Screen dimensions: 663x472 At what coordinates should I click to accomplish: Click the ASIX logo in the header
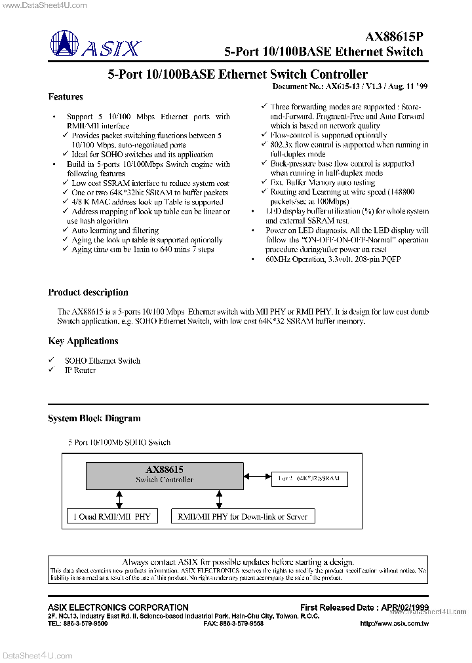[x=95, y=47]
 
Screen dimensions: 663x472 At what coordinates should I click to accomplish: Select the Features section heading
[x=66, y=97]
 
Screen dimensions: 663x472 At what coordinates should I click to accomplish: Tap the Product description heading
[x=88, y=293]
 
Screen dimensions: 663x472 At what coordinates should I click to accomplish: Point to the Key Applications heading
[x=83, y=341]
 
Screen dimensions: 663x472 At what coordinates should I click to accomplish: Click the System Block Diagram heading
[x=94, y=419]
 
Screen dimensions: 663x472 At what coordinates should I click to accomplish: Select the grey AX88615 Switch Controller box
[x=165, y=475]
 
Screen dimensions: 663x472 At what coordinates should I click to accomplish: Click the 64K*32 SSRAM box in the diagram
[x=309, y=479]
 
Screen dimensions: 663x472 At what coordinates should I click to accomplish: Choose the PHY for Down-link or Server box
[x=242, y=517]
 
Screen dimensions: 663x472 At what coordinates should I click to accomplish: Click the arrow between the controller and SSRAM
[x=257, y=478]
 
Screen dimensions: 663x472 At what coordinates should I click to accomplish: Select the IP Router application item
[x=80, y=370]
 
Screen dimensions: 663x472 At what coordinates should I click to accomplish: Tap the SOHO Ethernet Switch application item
[x=102, y=361]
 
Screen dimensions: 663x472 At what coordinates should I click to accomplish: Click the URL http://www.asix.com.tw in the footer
[x=394, y=624]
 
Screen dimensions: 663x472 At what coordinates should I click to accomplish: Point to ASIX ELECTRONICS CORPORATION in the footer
[x=118, y=607]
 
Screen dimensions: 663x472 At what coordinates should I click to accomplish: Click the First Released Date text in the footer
[x=364, y=607]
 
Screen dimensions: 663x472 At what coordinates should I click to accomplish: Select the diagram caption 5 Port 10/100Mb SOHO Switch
[x=119, y=443]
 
